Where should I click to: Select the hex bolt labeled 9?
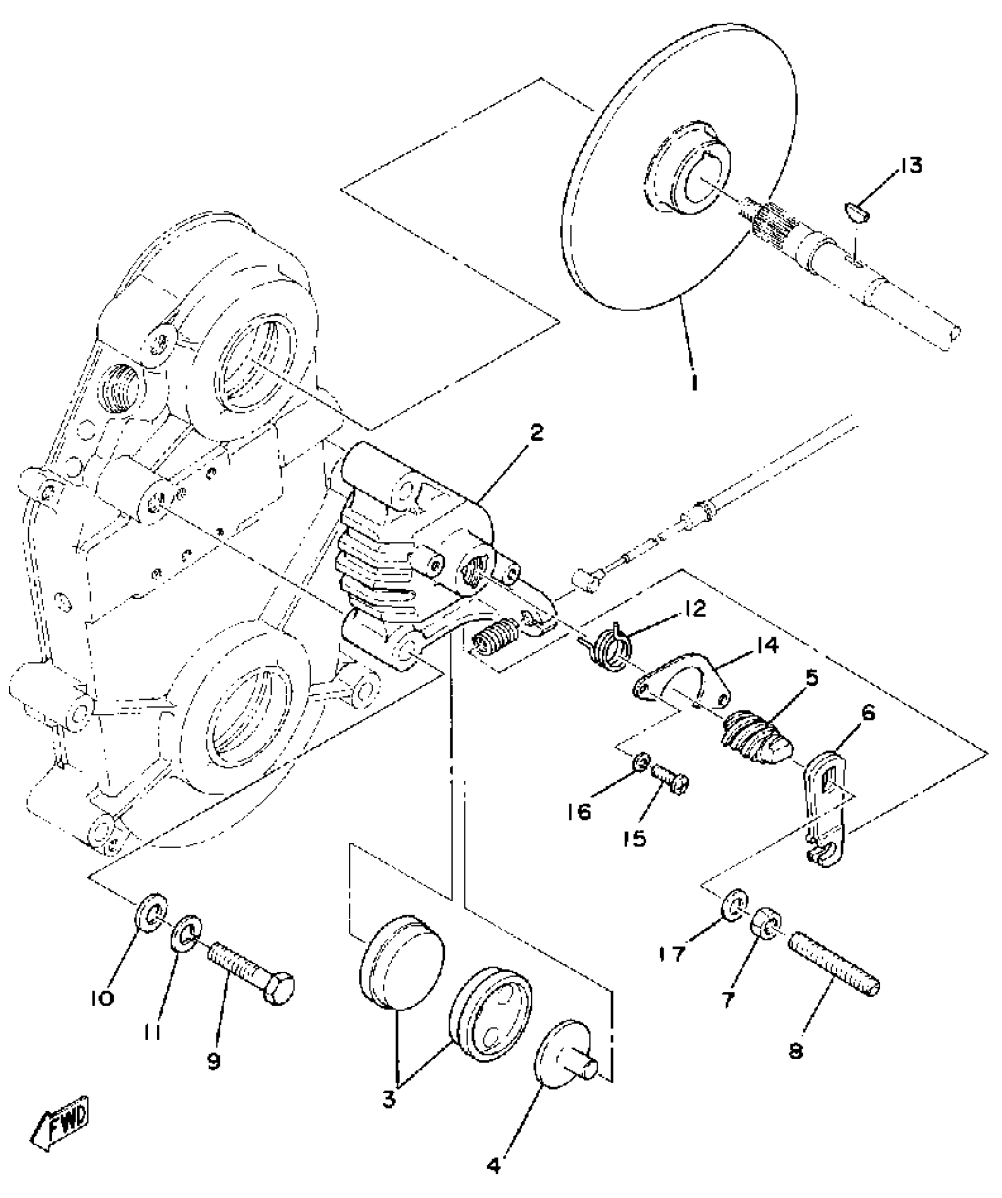(251, 971)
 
